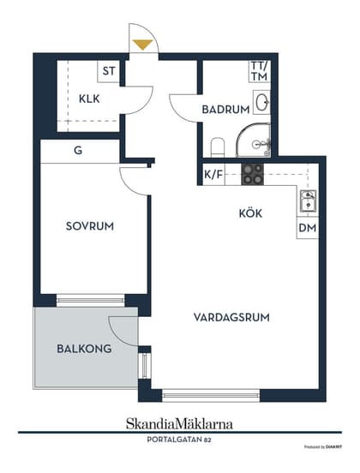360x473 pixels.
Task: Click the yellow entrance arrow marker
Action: coord(143,44)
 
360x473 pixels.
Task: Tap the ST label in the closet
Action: coord(109,72)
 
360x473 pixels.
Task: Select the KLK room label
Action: coord(89,99)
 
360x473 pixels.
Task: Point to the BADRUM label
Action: coord(225,110)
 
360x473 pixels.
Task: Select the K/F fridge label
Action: coord(213,175)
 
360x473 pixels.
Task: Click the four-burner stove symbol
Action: coord(252,174)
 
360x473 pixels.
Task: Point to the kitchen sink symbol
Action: coord(307,202)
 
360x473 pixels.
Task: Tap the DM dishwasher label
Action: coord(307,229)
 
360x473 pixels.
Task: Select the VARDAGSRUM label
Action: coord(231,317)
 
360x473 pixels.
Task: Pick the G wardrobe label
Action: coord(78,151)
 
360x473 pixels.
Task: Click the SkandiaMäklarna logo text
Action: coord(179,423)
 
